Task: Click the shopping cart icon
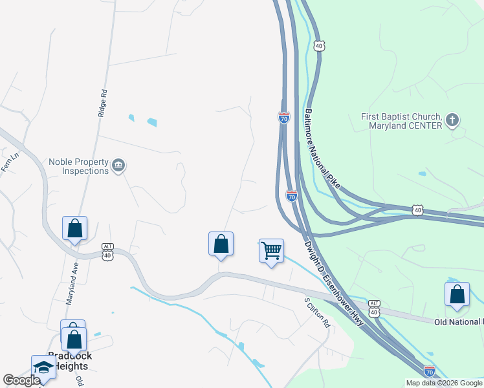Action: coord(271,250)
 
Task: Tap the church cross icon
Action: coord(452,120)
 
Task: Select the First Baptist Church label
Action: coord(401,121)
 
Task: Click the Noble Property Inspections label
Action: coord(78,166)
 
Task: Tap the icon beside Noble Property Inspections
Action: coord(118,166)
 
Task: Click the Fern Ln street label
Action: coord(6,164)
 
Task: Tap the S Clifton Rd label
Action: coord(318,312)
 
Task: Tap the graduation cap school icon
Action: coord(44,367)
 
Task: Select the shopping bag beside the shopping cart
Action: coord(221,244)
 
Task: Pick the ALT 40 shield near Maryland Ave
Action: coord(108,251)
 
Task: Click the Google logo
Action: coord(21,380)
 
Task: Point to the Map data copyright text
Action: coord(444,383)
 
